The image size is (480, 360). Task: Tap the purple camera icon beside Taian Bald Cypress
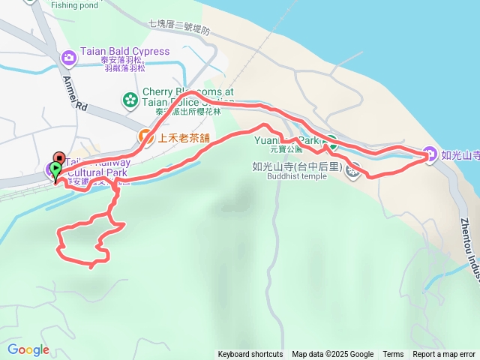click(x=68, y=56)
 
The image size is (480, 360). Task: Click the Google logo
click(x=28, y=349)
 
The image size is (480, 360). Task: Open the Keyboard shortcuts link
click(x=250, y=355)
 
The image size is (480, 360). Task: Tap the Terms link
click(x=393, y=355)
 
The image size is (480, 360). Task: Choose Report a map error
click(x=444, y=355)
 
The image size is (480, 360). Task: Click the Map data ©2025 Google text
click(x=332, y=355)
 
